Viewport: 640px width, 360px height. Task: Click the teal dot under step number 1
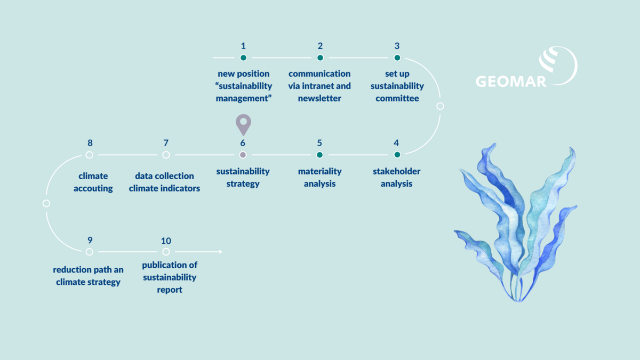[x=243, y=58]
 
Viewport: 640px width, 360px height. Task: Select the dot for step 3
[x=397, y=58]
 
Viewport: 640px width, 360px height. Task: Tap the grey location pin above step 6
[x=243, y=124]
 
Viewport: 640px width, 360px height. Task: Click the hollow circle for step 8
[x=90, y=155]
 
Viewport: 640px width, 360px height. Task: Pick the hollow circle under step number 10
[x=166, y=252]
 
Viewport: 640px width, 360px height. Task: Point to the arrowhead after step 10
[x=219, y=252]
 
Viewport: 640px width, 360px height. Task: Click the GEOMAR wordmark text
[x=511, y=82]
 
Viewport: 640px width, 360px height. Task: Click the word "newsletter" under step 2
[x=320, y=98]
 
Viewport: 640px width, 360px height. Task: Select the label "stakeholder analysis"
[x=397, y=178]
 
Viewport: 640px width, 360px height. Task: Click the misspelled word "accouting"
[x=93, y=188]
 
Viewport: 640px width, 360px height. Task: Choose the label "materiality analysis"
[x=320, y=178]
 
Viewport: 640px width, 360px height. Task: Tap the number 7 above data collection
[x=166, y=143]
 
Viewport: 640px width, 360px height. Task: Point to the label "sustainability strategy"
[x=243, y=178]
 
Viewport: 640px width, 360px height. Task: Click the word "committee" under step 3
[x=397, y=98]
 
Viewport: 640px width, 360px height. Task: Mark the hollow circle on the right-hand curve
[x=440, y=106]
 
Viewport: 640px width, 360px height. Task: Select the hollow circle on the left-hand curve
[x=46, y=203]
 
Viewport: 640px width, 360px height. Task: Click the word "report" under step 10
[x=170, y=290]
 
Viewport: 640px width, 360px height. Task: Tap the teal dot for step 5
[x=320, y=155]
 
